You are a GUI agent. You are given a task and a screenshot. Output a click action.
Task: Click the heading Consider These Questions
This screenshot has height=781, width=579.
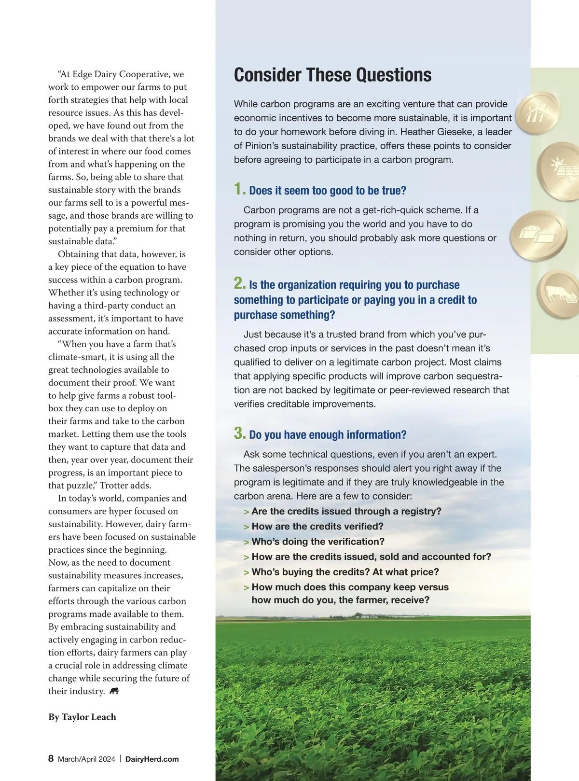(332, 75)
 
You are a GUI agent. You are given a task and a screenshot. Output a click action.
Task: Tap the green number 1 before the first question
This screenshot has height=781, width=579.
(239, 189)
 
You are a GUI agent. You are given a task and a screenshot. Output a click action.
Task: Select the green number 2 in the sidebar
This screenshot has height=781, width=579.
(239, 283)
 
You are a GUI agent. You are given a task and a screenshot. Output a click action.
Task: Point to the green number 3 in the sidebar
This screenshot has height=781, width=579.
(239, 433)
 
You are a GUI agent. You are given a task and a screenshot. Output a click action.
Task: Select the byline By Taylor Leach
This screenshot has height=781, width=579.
(82, 717)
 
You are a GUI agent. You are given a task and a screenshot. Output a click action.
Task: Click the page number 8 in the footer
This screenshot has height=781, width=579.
(51, 758)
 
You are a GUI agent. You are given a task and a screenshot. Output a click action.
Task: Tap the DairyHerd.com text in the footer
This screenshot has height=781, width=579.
(152, 759)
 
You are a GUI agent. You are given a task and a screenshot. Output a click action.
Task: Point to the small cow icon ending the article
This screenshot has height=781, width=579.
(114, 691)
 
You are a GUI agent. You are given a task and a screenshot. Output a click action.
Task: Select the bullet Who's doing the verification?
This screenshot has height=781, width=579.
(317, 542)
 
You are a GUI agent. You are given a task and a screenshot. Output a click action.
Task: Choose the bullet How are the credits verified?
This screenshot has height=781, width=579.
(317, 526)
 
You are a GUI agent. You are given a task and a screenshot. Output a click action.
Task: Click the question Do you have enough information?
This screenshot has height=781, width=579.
(328, 435)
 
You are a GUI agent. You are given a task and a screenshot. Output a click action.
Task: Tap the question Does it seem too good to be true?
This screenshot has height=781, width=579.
(328, 191)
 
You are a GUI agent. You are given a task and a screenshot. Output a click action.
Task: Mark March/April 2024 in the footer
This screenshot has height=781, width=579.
(86, 759)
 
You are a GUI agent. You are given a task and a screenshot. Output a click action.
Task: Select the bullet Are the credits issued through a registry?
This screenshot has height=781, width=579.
(346, 511)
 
